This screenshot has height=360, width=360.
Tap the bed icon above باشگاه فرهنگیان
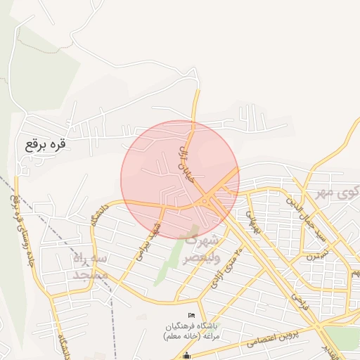(191, 315)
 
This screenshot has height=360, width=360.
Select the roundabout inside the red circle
(204, 203)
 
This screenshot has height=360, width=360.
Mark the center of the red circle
(180, 180)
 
